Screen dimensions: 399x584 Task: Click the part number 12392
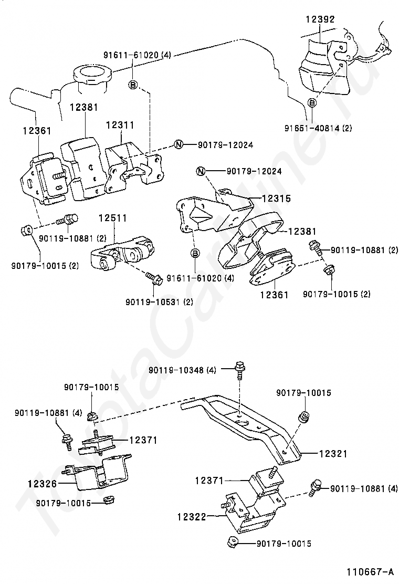click(x=320, y=19)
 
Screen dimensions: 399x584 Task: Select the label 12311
click(x=120, y=125)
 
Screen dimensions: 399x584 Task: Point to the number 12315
click(x=276, y=198)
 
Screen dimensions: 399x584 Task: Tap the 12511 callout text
click(x=113, y=218)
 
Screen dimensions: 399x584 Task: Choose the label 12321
click(x=333, y=454)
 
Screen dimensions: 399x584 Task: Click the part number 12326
click(x=42, y=484)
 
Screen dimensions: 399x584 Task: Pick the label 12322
click(x=192, y=517)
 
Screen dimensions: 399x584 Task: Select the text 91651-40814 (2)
click(x=318, y=128)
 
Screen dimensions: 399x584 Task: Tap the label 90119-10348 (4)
click(x=182, y=370)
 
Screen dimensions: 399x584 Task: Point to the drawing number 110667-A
click(x=370, y=571)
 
